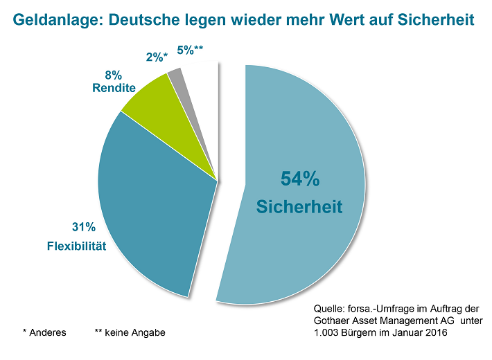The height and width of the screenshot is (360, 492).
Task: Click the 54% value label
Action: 299,179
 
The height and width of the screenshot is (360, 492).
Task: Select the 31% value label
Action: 83,226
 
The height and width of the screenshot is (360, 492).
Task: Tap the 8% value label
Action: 114,75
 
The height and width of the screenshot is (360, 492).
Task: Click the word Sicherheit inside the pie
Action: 299,206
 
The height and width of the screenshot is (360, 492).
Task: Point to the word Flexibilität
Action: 76,246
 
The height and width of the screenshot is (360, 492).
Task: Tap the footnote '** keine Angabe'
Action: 130,332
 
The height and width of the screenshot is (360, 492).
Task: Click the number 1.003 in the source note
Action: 326,333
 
